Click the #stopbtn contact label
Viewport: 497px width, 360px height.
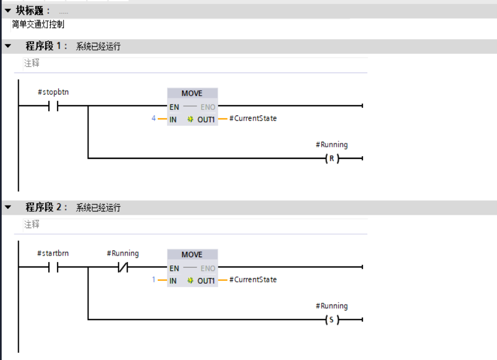tap(53, 92)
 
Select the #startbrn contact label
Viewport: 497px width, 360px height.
tap(53, 253)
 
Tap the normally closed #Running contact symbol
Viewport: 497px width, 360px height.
tap(123, 268)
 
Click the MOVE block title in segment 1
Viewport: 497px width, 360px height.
tap(192, 93)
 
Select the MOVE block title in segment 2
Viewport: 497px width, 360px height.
tap(192, 254)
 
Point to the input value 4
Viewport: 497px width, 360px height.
tap(154, 119)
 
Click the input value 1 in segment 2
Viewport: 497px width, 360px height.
tap(154, 280)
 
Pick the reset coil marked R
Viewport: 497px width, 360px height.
tap(332, 159)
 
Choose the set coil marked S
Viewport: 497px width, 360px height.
tap(332, 320)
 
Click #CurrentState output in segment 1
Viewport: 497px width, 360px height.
tap(253, 118)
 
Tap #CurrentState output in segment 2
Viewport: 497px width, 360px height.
tap(253, 279)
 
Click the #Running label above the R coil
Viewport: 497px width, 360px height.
tap(332, 145)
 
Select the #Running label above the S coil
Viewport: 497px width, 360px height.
tap(332, 306)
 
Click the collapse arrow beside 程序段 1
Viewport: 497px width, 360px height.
tap(8, 46)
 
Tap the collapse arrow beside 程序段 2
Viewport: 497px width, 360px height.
tap(8, 207)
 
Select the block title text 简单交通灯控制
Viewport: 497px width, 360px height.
tap(38, 24)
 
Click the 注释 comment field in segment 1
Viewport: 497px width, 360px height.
tap(32, 63)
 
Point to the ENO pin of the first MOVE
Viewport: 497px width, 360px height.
tap(208, 107)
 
